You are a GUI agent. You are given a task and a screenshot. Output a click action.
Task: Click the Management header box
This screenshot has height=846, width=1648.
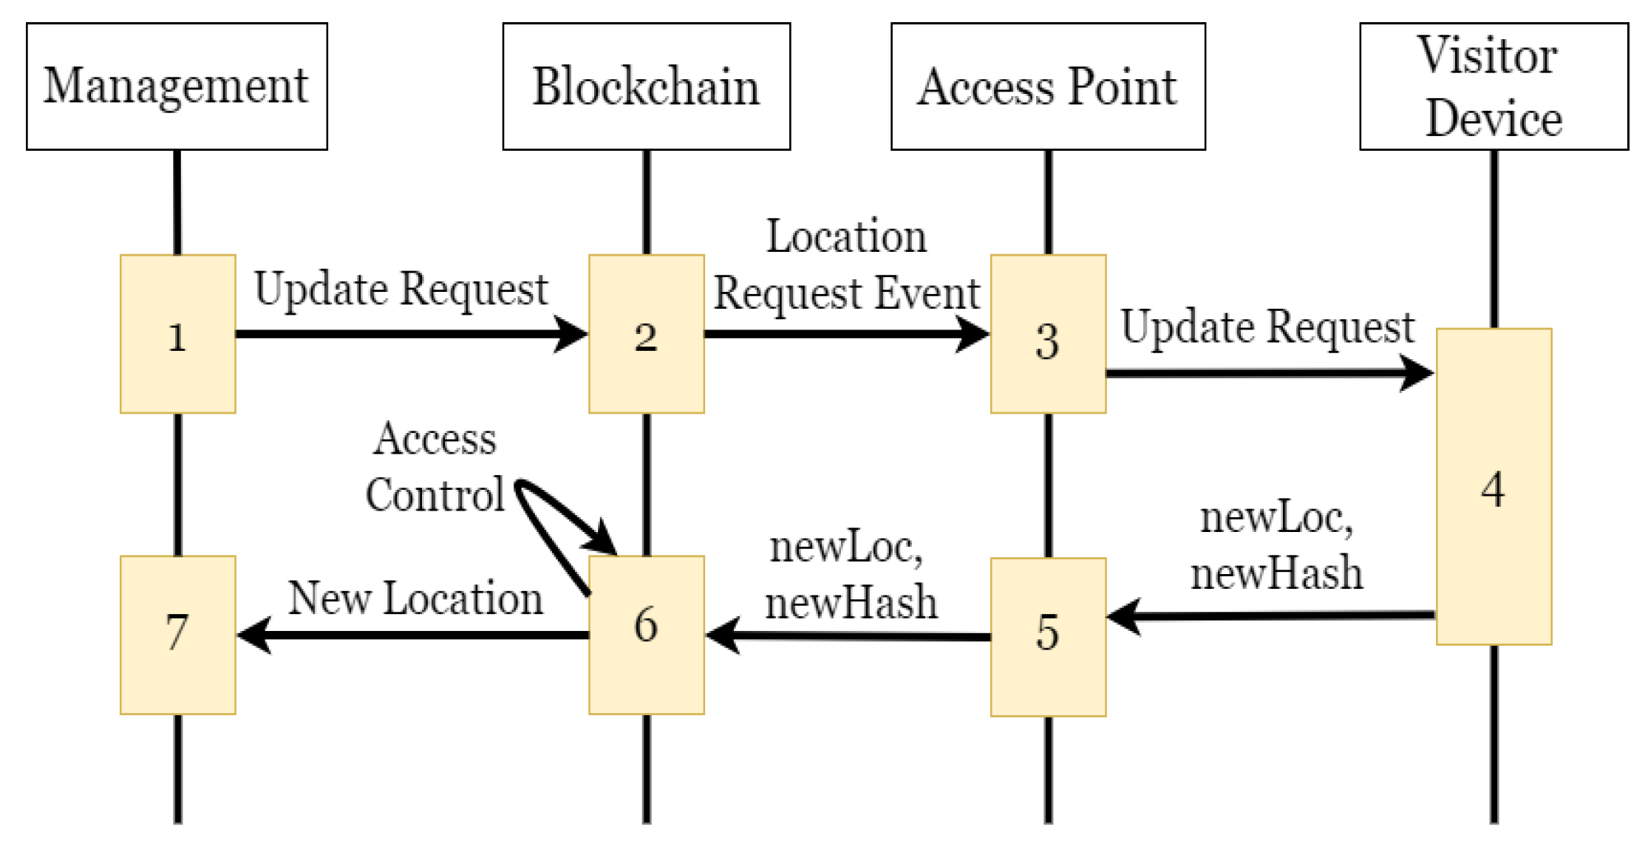(177, 86)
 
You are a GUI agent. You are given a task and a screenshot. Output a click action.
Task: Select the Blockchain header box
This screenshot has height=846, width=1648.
(646, 86)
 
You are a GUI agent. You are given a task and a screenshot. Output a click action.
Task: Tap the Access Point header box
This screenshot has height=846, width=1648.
(1047, 86)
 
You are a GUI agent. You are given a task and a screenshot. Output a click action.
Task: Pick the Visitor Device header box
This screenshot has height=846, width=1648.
(1493, 86)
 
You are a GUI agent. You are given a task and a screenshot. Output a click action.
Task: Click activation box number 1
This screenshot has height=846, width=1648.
(177, 334)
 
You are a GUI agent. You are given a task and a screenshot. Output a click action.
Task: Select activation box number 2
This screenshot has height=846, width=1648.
(646, 334)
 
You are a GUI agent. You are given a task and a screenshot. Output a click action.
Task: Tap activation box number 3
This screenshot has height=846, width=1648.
(1047, 334)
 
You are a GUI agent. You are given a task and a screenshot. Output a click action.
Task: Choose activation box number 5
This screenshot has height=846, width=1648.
(1047, 636)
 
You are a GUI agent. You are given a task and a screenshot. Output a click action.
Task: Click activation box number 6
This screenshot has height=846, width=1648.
(646, 635)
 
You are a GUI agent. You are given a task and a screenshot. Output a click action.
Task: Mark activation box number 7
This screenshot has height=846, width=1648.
(177, 635)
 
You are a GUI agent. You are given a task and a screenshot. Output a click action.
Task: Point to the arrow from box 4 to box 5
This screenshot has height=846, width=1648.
(1271, 615)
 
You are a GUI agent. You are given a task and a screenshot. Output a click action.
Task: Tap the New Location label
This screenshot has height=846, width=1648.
(415, 598)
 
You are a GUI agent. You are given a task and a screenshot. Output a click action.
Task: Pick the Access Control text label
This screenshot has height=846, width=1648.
(435, 467)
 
